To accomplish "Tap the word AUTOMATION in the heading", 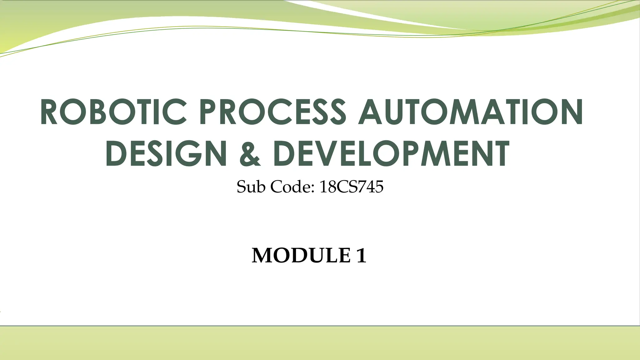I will coord(470,112).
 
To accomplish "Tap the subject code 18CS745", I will coord(351,187).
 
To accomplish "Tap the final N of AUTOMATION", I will coord(571,112).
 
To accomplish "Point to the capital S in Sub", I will coord(242,187).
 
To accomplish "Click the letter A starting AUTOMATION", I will coord(370,112).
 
